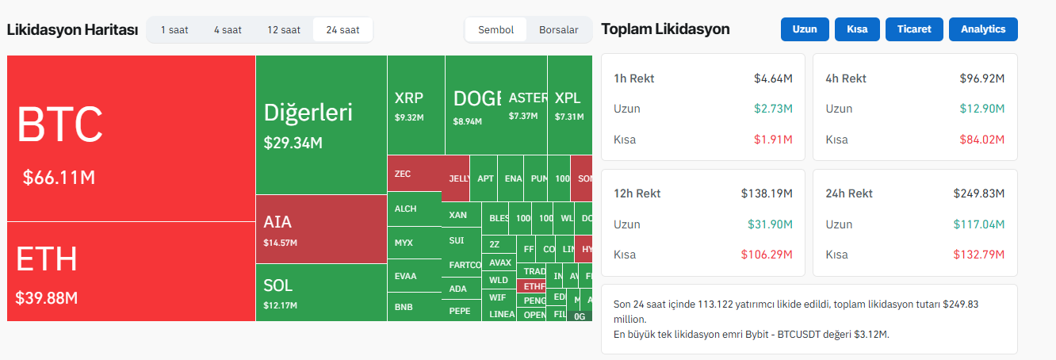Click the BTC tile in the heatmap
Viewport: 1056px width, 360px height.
click(x=131, y=139)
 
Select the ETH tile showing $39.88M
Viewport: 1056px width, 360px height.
click(x=131, y=272)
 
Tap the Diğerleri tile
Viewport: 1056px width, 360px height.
click(x=321, y=124)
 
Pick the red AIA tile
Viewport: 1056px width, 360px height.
click(x=321, y=230)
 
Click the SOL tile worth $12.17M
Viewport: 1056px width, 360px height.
click(x=321, y=293)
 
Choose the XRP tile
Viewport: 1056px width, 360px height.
click(x=415, y=105)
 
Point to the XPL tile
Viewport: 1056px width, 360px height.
click(x=569, y=105)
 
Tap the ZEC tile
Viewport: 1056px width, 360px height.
click(x=414, y=173)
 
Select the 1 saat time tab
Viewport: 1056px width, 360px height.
click(x=174, y=30)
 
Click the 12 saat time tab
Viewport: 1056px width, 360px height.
click(x=284, y=30)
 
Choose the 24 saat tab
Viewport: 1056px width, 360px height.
click(x=342, y=30)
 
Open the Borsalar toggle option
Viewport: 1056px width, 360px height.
click(x=558, y=30)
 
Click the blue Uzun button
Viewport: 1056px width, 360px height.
click(x=805, y=29)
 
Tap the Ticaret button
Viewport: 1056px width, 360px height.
click(x=914, y=29)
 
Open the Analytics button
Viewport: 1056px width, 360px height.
click(x=983, y=29)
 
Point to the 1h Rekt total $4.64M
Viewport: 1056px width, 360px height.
click(x=774, y=79)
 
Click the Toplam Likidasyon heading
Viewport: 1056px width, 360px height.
click(x=665, y=29)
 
